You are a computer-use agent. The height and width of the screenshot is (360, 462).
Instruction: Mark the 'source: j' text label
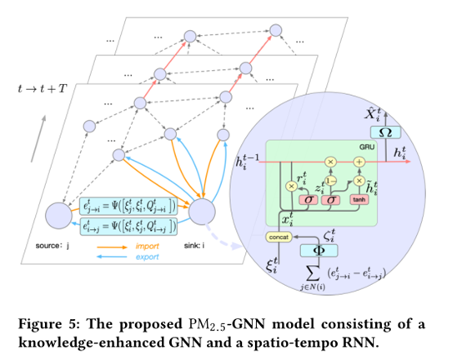pyautogui.click(x=51, y=247)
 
